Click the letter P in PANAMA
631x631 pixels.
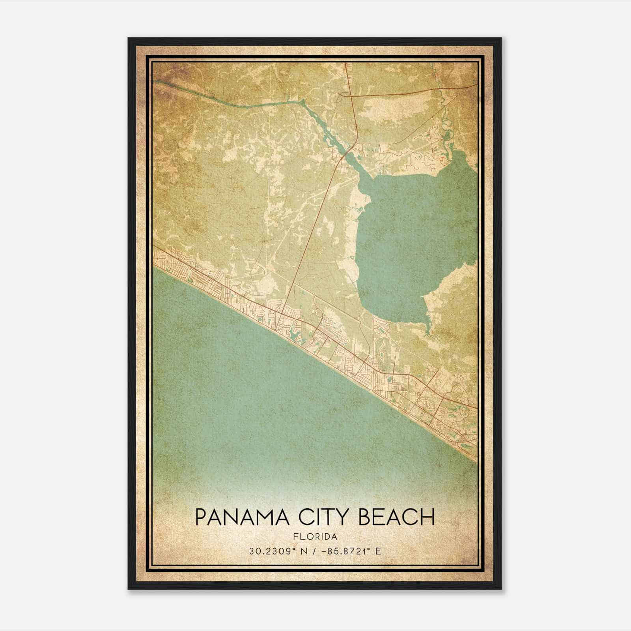[201, 517]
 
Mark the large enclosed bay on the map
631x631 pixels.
[410, 237]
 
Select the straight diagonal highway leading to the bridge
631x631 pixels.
[315, 221]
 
